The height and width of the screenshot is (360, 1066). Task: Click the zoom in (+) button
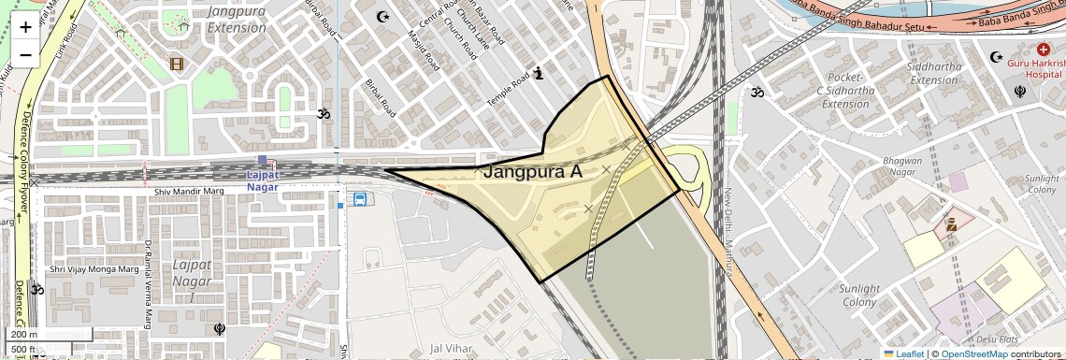25,27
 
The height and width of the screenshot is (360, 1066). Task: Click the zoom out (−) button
25,55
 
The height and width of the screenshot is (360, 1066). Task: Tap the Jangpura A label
532,172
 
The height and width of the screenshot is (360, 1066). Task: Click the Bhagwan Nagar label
903,167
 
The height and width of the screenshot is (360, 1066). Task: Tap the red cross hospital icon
1044,49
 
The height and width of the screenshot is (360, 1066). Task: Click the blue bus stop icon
359,199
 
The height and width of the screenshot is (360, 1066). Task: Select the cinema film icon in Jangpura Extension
177,64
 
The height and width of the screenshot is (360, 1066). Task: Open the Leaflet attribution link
903,353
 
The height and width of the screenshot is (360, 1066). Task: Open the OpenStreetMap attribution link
973,353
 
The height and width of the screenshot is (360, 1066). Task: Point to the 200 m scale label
25,335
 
